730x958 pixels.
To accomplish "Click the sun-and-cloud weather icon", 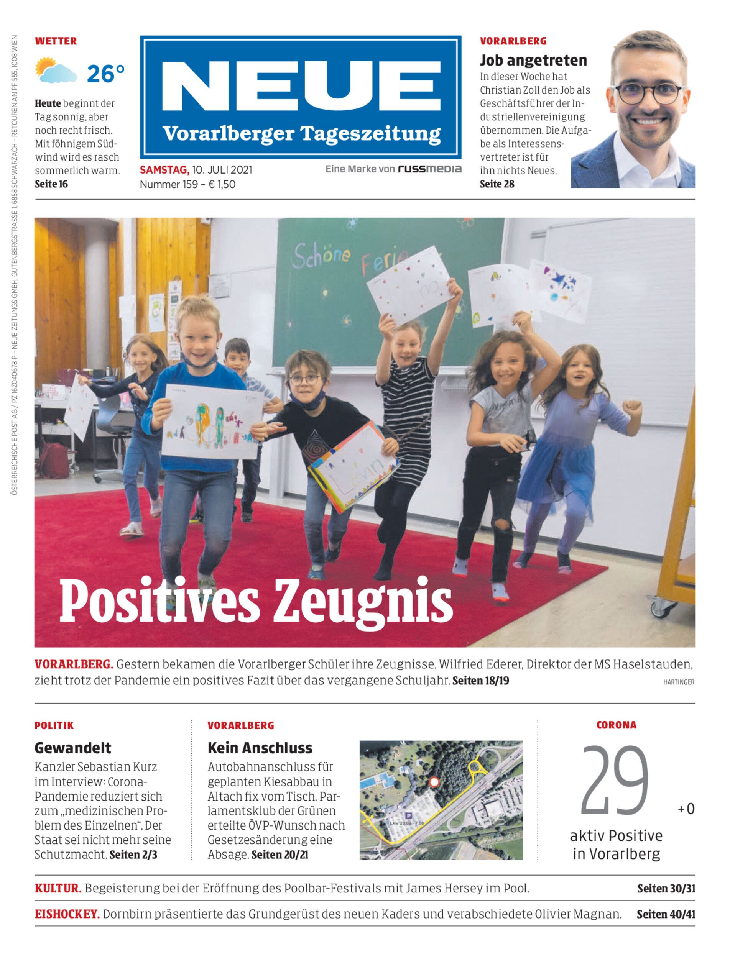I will (56, 70).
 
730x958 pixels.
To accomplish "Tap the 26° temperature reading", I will (105, 74).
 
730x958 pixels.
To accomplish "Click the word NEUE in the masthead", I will (301, 87).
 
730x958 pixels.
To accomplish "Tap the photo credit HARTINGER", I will (678, 682).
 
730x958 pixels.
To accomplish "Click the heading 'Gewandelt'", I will (72, 748).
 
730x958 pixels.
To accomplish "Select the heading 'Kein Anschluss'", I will (260, 748).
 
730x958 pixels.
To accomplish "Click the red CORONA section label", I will (616, 725).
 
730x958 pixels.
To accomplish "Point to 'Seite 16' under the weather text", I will (51, 184).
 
